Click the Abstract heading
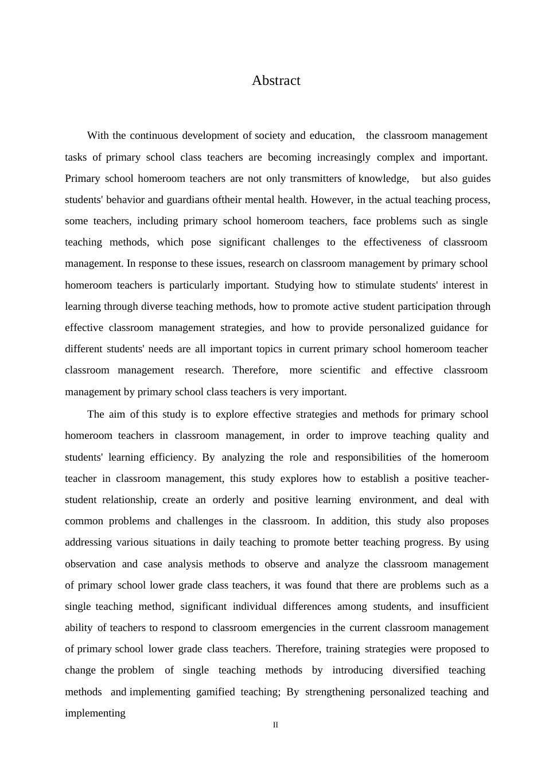pyautogui.click(x=276, y=81)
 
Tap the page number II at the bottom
pyautogui.click(x=275, y=725)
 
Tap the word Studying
pyautogui.click(x=294, y=285)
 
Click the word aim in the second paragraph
pyautogui.click(x=117, y=414)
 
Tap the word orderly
pyautogui.click(x=228, y=500)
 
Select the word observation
pyautogui.click(x=90, y=564)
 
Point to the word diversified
pyautogui.click(x=415, y=670)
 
